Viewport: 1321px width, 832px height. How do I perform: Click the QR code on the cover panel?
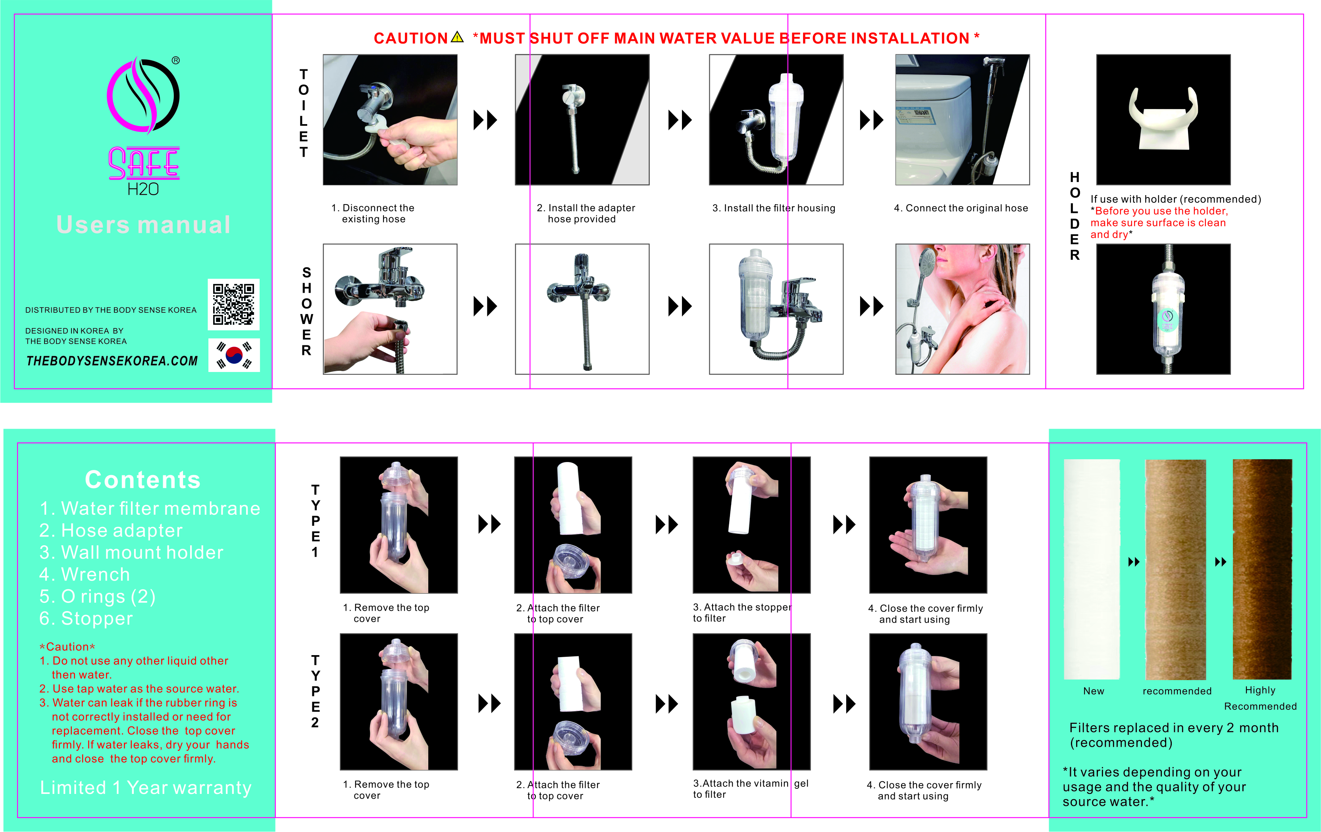[x=234, y=304]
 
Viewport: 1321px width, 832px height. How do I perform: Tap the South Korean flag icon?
[x=234, y=355]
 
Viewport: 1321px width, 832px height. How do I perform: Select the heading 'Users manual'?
[x=143, y=225]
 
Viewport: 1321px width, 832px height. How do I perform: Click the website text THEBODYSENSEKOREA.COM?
[x=112, y=360]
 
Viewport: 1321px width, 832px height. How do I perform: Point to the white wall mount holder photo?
[x=1163, y=119]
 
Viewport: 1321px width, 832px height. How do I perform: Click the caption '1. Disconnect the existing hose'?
[x=373, y=213]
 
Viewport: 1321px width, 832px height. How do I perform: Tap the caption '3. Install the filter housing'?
[x=774, y=208]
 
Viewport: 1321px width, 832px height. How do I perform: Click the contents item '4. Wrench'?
[x=85, y=574]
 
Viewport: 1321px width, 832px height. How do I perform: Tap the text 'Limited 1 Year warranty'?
[x=146, y=788]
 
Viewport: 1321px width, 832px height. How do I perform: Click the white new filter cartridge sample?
[x=1092, y=569]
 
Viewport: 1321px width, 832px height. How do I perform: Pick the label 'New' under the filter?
[x=1093, y=691]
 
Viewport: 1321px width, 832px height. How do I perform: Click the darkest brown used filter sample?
[x=1262, y=569]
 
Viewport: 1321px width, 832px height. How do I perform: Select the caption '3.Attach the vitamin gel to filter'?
[x=751, y=789]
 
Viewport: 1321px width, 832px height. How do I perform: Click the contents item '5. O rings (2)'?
[x=97, y=596]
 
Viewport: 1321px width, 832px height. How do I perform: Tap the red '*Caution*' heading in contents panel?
[x=67, y=647]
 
